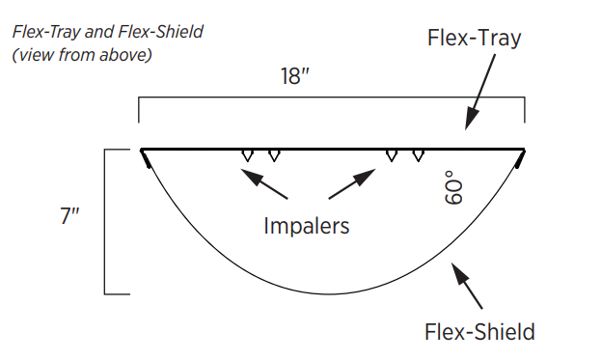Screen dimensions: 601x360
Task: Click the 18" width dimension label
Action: coord(295,76)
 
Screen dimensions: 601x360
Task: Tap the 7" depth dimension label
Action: coord(69,215)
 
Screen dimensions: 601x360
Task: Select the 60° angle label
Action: coord(453,187)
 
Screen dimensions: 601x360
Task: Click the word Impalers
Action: coord(306,226)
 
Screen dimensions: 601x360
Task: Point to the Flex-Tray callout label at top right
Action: coord(474,38)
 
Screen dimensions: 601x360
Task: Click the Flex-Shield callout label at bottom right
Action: coord(479,332)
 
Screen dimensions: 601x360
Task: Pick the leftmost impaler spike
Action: coord(248,155)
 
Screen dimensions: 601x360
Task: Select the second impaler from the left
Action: coord(274,155)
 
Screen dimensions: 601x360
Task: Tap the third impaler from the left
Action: coord(392,155)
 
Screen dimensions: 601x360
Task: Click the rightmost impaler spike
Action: coord(418,155)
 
